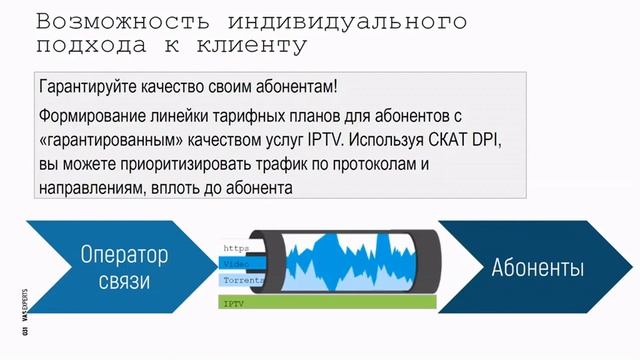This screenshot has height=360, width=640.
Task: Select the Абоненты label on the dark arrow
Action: [x=537, y=267]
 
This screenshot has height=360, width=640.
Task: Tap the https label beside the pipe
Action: [x=235, y=247]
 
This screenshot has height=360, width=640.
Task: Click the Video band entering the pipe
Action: [x=236, y=262]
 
